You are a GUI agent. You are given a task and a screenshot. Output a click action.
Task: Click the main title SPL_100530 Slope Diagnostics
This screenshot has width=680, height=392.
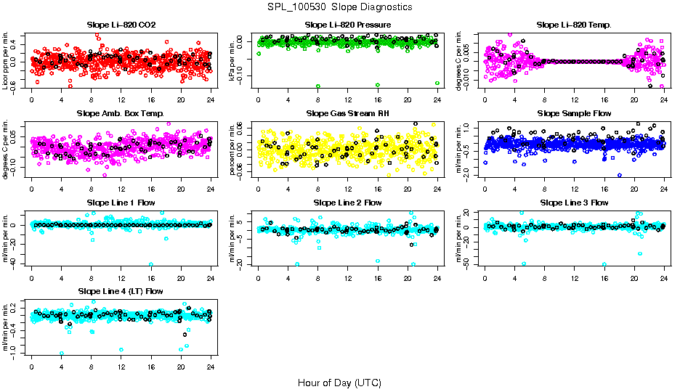tap(339, 7)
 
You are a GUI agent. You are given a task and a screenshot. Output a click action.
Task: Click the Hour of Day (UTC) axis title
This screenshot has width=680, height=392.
tap(339, 383)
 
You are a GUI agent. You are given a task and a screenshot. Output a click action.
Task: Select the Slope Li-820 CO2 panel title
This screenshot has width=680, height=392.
tap(121, 25)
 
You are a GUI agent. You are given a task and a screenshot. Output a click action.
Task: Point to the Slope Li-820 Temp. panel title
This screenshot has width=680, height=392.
tap(574, 25)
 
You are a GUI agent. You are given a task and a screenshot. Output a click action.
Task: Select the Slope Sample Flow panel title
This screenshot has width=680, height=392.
tap(574, 113)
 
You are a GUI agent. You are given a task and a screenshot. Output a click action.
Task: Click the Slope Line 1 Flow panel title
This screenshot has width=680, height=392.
tap(121, 202)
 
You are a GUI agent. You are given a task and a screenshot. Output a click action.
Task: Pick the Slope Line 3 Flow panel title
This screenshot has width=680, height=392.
tap(574, 202)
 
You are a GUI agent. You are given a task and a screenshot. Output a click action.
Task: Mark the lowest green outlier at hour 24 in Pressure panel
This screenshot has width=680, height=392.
tap(437, 83)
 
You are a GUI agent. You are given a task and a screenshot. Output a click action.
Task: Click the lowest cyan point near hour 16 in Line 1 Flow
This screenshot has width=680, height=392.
tap(151, 264)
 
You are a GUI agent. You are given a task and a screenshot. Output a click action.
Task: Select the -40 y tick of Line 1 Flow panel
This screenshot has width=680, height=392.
tap(17, 263)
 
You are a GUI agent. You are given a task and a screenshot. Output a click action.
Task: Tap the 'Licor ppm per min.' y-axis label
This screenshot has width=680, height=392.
tap(6, 60)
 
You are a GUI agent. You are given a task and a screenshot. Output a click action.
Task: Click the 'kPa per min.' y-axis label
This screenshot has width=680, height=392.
tap(232, 60)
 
